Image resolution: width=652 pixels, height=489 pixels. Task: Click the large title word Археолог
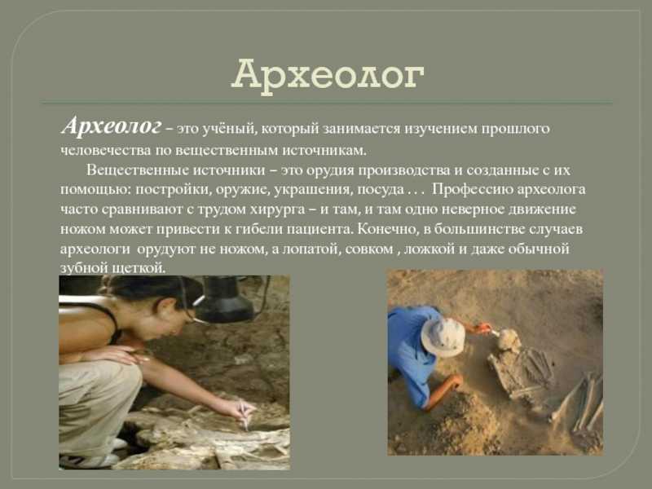coord(328,75)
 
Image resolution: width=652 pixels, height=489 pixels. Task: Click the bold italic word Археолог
coord(111,126)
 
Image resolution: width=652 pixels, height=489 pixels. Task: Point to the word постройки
coord(170,190)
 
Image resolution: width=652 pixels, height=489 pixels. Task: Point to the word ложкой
coord(430,249)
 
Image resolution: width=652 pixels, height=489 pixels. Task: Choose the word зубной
coord(84,268)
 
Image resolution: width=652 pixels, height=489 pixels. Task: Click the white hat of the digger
coord(443,337)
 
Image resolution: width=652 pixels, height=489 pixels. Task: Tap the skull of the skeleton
coord(509,339)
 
